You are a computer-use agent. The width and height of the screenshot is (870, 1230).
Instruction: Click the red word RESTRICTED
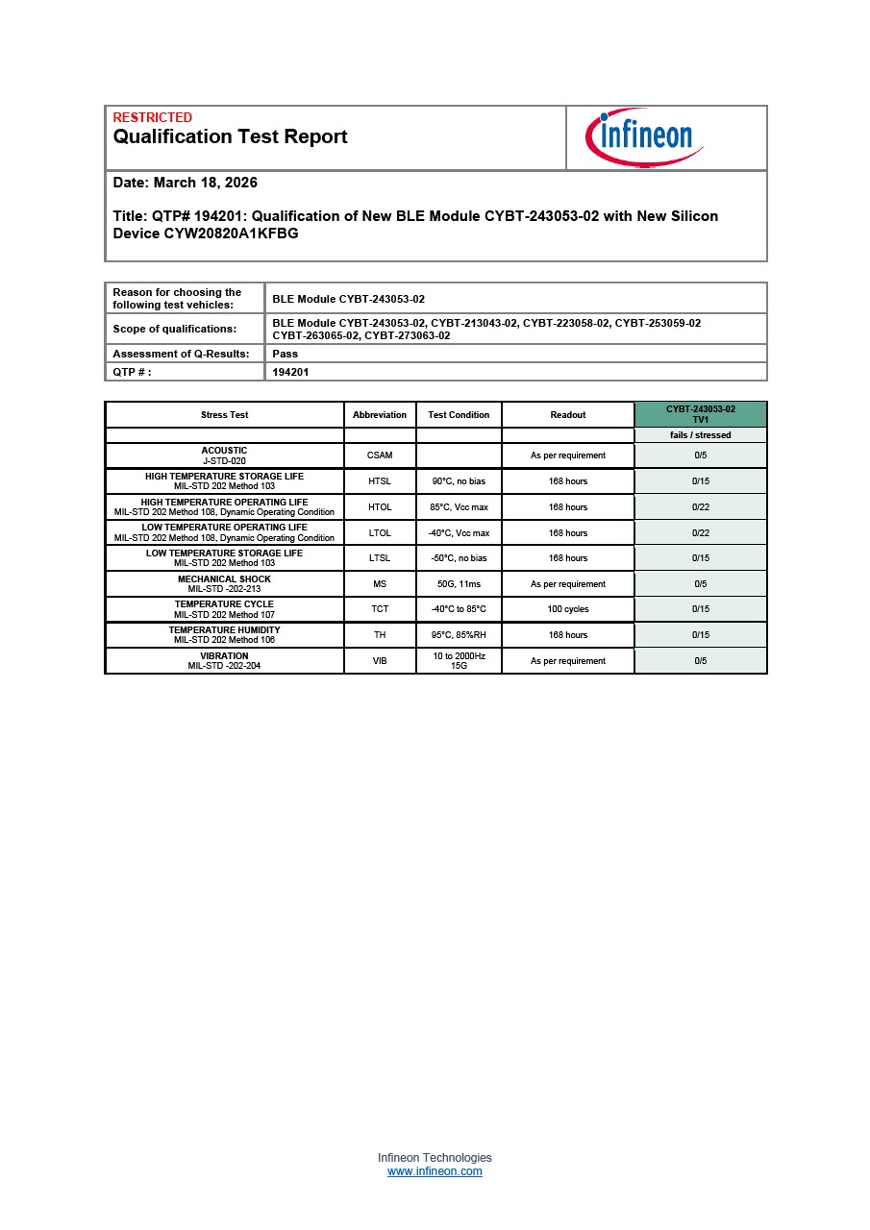pyautogui.click(x=152, y=117)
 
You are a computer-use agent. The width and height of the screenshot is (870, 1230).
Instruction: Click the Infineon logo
pyautogui.click(x=644, y=137)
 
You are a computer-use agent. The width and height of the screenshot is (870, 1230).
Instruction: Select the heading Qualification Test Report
pyautogui.click(x=230, y=136)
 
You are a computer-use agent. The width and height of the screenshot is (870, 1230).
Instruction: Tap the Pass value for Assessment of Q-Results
pyautogui.click(x=286, y=354)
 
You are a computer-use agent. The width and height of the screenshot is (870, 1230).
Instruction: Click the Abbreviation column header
pyautogui.click(x=380, y=415)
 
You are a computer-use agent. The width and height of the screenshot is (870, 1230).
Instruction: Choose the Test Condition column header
pyautogui.click(x=459, y=415)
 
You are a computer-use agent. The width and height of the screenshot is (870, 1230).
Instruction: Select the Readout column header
pyautogui.click(x=567, y=415)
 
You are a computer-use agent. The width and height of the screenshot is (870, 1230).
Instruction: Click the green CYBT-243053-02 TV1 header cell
pyautogui.click(x=700, y=414)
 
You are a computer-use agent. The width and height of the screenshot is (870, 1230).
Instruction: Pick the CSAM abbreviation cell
pyautogui.click(x=380, y=455)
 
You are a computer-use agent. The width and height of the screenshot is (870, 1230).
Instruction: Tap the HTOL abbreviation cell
pyautogui.click(x=380, y=507)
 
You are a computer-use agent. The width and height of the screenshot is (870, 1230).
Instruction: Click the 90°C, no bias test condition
pyautogui.click(x=459, y=481)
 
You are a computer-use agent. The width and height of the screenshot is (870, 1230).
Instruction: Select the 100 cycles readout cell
pyautogui.click(x=567, y=609)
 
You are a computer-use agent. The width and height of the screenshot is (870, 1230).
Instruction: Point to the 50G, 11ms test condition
pyautogui.click(x=459, y=584)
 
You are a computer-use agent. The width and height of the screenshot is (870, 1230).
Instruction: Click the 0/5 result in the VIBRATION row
pyautogui.click(x=700, y=661)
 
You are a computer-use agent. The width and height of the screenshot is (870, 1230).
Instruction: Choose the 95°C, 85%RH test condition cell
pyautogui.click(x=459, y=635)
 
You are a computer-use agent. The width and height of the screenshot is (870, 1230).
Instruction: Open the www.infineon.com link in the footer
pyautogui.click(x=435, y=1172)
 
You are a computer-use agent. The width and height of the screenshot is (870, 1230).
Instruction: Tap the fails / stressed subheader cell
pyautogui.click(x=700, y=435)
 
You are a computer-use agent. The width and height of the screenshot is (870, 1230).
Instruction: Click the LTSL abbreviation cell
pyautogui.click(x=380, y=558)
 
